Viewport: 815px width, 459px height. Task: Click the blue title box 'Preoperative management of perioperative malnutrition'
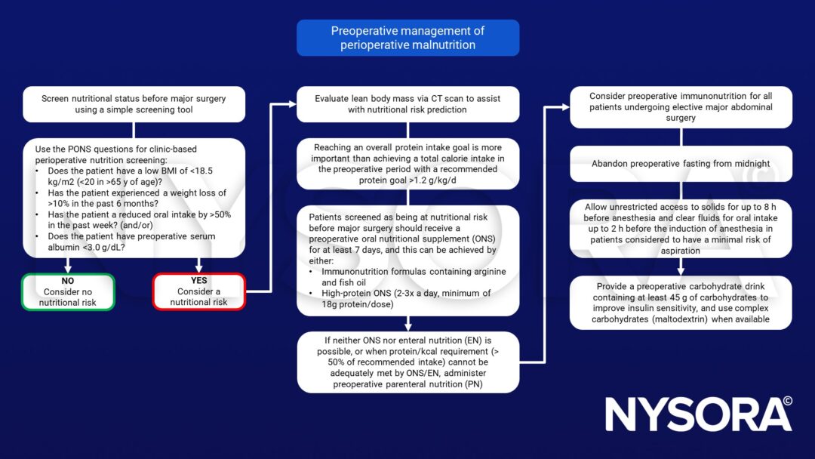[x=407, y=38]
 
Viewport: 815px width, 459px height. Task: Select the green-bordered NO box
[x=69, y=292]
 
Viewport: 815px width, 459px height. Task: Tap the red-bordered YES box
[x=199, y=292]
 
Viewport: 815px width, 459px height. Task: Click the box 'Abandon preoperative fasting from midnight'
[x=681, y=164]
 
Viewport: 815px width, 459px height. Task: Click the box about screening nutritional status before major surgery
[x=134, y=104]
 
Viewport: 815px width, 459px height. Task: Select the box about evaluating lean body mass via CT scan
[x=407, y=104]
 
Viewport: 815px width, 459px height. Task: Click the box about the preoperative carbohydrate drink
[x=681, y=303]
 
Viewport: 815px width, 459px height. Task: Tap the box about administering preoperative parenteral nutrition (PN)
[x=407, y=362]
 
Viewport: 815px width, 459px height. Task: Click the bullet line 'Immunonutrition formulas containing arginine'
[x=414, y=272]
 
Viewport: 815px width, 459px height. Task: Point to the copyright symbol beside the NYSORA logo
[x=787, y=402]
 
